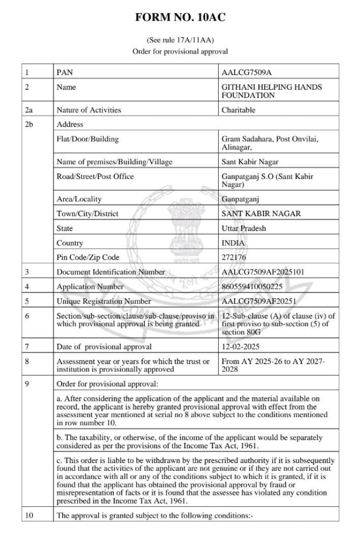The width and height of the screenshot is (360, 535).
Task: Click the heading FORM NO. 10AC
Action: (x=179, y=18)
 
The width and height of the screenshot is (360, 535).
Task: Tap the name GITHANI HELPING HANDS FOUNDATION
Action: (x=271, y=91)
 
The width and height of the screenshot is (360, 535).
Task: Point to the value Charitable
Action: (x=238, y=110)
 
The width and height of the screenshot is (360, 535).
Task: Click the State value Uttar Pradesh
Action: (x=245, y=228)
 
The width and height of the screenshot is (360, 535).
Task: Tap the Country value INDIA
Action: (x=233, y=243)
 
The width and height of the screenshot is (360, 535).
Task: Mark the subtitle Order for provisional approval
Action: (x=179, y=51)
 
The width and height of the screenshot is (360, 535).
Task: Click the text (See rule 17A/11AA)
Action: (x=179, y=39)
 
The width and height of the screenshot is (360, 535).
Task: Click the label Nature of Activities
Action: (x=89, y=110)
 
